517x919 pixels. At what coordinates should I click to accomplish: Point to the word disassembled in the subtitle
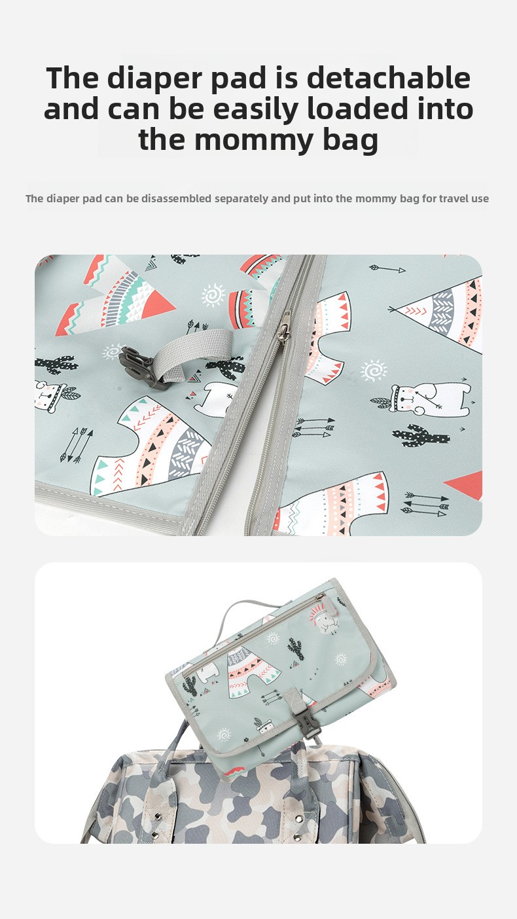point(177,198)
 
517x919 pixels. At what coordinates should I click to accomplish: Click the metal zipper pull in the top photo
point(284,326)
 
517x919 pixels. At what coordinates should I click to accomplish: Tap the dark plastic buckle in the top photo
point(139,367)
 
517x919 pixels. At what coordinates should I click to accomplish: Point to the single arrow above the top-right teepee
point(387,269)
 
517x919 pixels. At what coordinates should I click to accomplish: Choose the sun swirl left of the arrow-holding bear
point(374,370)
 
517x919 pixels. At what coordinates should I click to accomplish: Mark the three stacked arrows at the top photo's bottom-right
point(425,505)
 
